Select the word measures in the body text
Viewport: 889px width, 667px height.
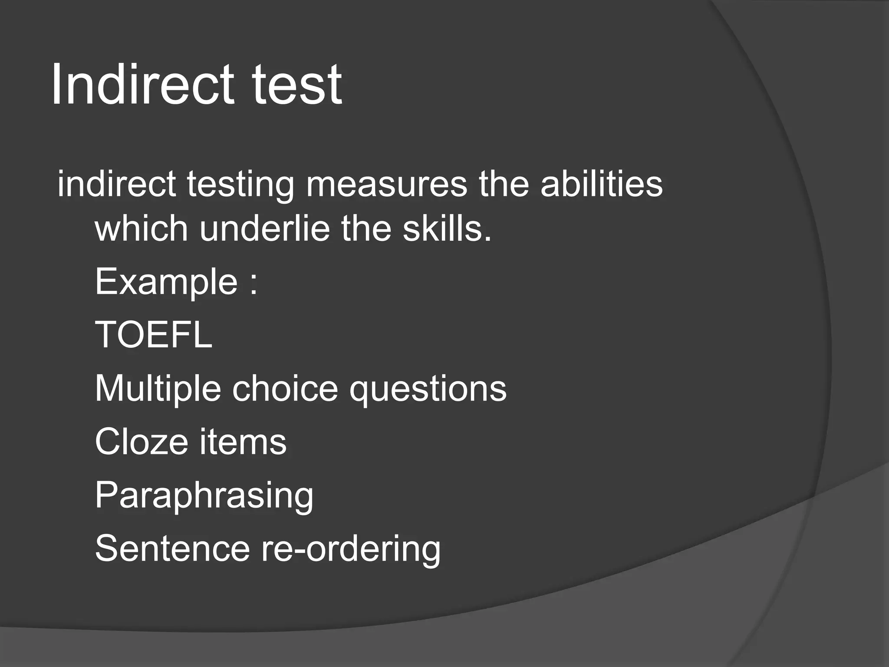(386, 184)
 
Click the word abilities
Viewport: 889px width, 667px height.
(601, 184)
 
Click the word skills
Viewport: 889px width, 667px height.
(447, 228)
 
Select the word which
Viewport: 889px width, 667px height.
(142, 228)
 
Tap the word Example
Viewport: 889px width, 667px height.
(166, 282)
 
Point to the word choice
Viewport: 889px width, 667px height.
(285, 388)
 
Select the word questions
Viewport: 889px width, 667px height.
(428, 389)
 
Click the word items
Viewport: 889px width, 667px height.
(243, 442)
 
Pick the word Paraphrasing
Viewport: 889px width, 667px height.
(204, 495)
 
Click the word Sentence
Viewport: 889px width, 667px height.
(172, 549)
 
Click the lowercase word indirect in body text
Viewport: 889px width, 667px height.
(116, 184)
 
